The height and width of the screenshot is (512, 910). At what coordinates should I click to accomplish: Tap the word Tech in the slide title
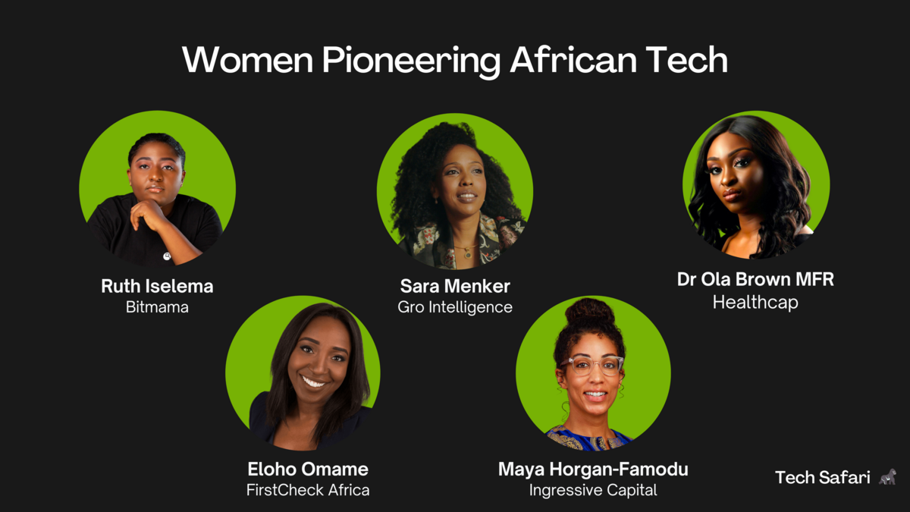[686, 61]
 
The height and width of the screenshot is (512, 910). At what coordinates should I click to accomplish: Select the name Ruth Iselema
[157, 287]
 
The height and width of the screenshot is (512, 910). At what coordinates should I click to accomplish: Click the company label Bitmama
[157, 308]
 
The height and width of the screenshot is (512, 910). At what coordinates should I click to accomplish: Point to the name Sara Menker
[455, 287]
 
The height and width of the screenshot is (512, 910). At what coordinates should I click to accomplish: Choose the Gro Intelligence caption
[455, 307]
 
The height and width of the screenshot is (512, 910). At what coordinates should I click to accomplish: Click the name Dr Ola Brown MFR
[755, 279]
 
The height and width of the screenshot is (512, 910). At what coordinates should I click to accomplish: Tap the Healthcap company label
[755, 303]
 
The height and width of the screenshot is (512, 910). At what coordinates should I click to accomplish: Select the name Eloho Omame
[308, 469]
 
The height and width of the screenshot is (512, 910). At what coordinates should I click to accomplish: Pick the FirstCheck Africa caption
[308, 490]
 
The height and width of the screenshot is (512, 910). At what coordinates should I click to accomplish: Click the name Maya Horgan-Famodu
[593, 470]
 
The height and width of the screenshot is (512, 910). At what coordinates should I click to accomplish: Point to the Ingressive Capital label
[593, 490]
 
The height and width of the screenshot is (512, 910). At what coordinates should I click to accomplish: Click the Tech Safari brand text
[823, 478]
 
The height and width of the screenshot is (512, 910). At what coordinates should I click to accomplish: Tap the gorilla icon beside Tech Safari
[887, 477]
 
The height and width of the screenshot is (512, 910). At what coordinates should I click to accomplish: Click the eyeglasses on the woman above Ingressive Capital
[591, 366]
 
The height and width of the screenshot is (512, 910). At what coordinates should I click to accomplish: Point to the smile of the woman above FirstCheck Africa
[314, 382]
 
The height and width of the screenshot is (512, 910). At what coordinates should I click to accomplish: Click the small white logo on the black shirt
[167, 256]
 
